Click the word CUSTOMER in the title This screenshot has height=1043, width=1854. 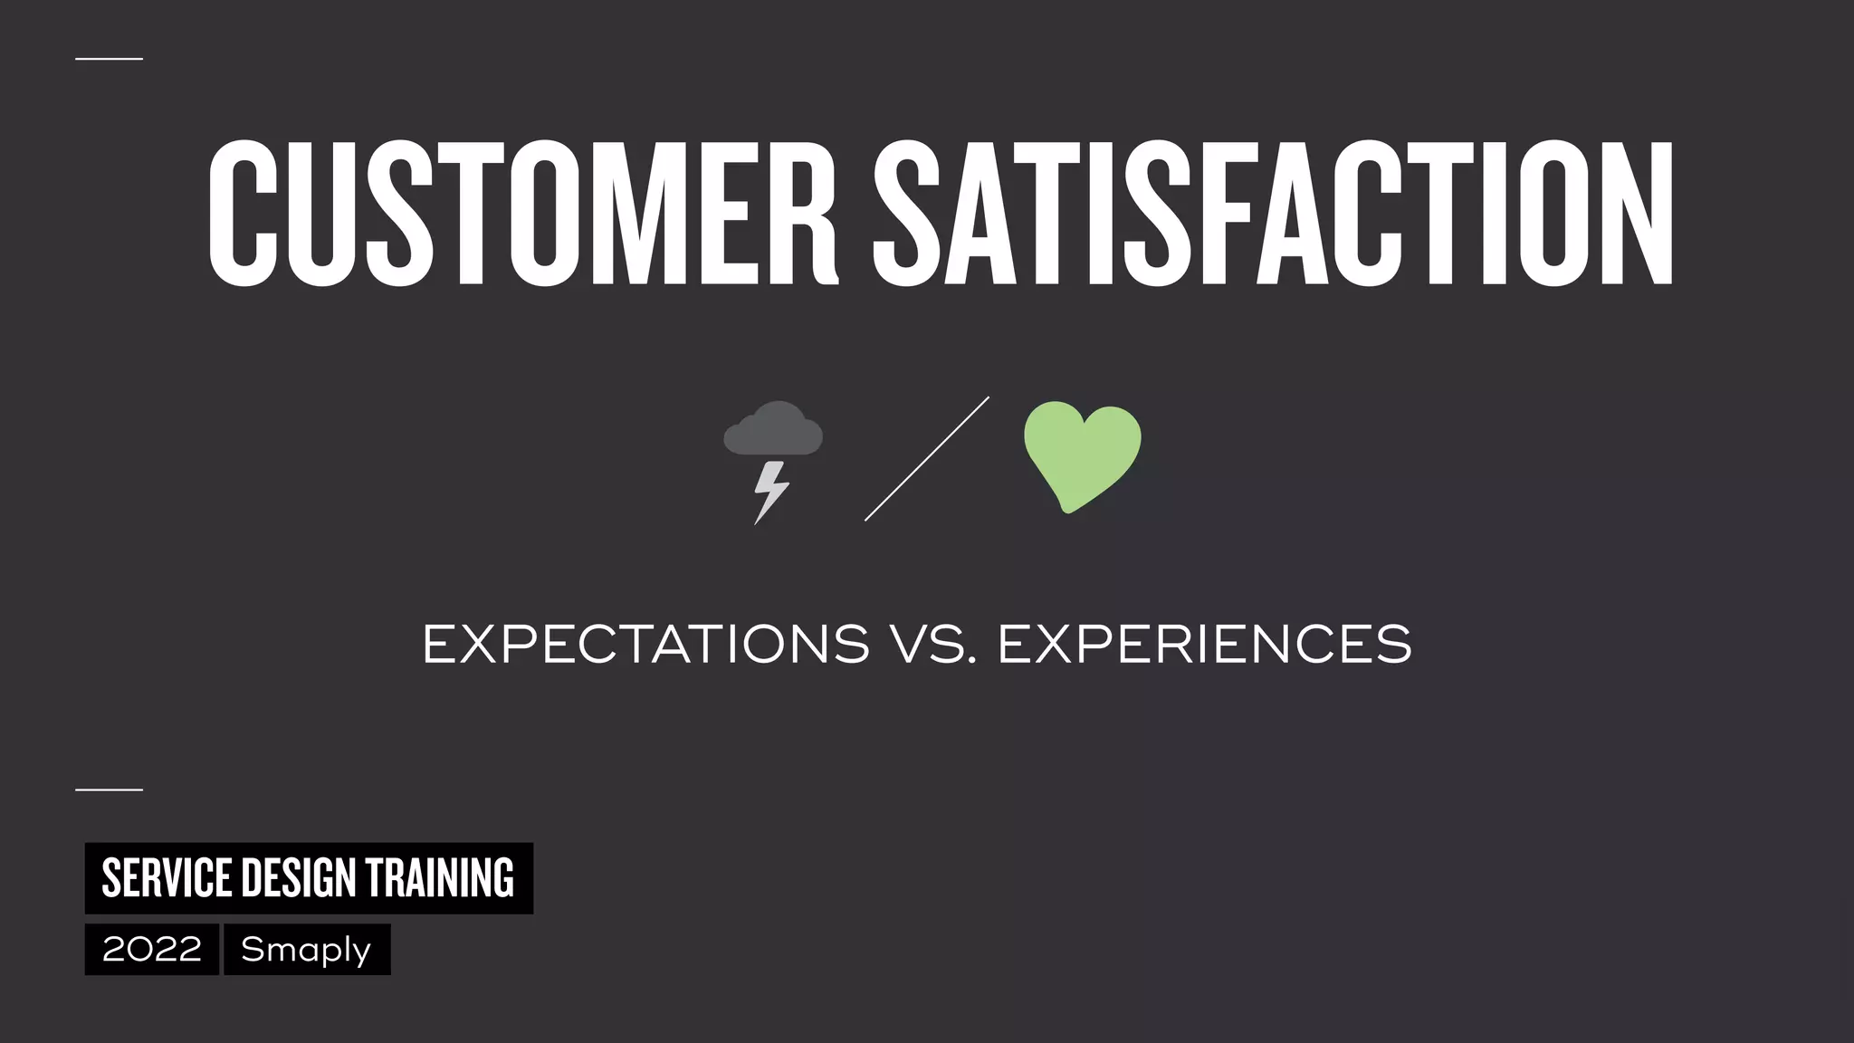click(x=523, y=214)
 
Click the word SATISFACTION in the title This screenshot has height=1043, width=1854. click(x=1273, y=214)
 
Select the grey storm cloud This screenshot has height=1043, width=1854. click(x=774, y=430)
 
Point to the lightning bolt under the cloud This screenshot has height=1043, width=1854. click(x=770, y=492)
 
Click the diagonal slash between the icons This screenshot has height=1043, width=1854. click(x=926, y=459)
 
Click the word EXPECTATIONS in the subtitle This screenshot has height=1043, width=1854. click(x=645, y=645)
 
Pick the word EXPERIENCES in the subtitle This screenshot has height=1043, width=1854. click(x=1204, y=645)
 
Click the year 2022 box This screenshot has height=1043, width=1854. click(x=152, y=950)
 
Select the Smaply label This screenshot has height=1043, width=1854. click(x=307, y=950)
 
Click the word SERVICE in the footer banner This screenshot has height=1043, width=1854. click(x=167, y=878)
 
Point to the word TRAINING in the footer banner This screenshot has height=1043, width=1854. click(x=439, y=878)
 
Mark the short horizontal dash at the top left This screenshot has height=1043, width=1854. click(x=109, y=59)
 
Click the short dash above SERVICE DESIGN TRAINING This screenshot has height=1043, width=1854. click(x=109, y=789)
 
